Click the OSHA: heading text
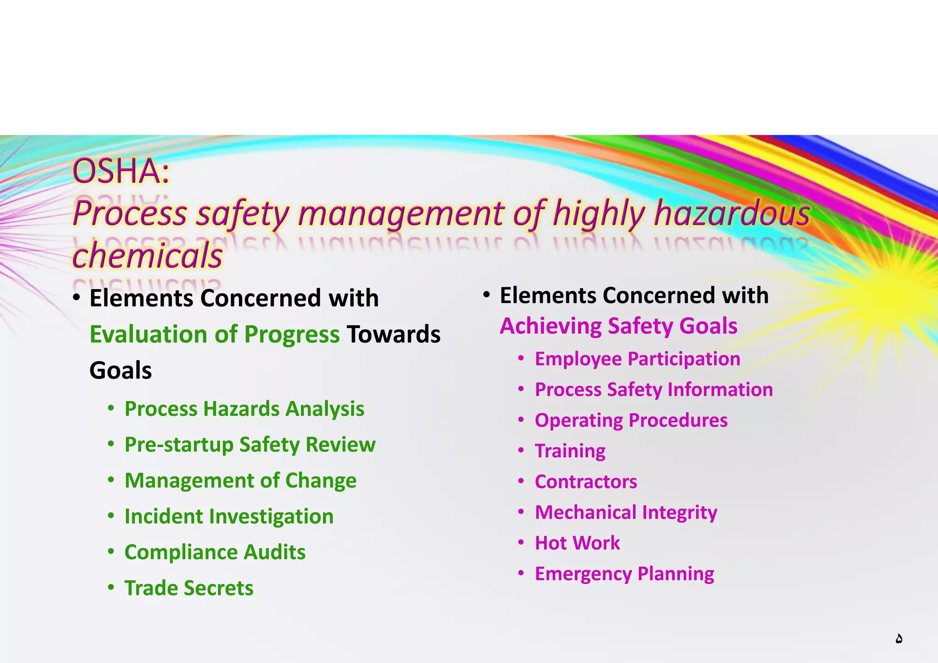pos(121,171)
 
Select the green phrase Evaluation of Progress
pos(214,334)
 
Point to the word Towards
pos(393,334)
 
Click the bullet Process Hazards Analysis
pos(244,409)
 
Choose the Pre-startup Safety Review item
pos(250,444)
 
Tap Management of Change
pos(240,480)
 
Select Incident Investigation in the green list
pos(229,516)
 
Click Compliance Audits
pos(215,552)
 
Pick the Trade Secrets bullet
pos(189,588)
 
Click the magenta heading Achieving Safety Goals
pos(618,326)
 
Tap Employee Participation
pos(637,359)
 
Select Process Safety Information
pos(654,389)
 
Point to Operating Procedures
pos(631,420)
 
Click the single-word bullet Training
pos(570,451)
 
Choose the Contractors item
pos(586,482)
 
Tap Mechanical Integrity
pos(626,512)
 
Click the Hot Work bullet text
pos(577,543)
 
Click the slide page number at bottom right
pos(899,639)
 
